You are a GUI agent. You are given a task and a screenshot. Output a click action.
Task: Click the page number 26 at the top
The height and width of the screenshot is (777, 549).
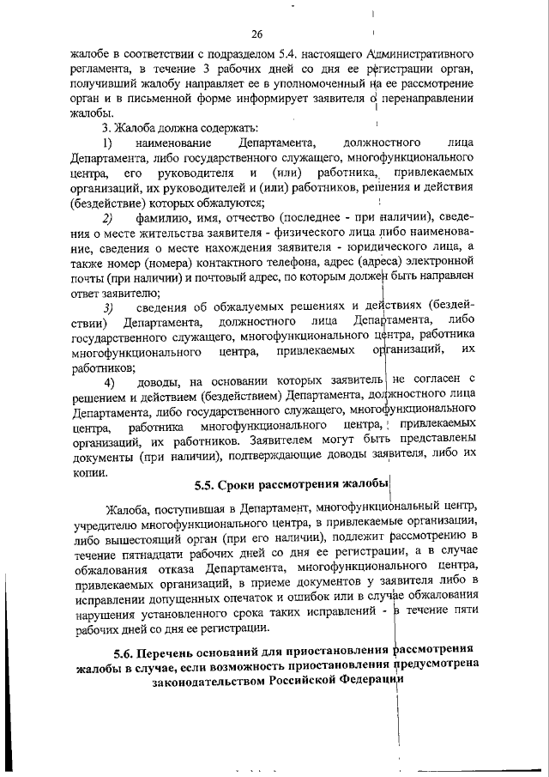(x=256, y=34)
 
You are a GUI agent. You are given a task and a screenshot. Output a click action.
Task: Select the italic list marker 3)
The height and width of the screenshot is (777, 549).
(x=108, y=307)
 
